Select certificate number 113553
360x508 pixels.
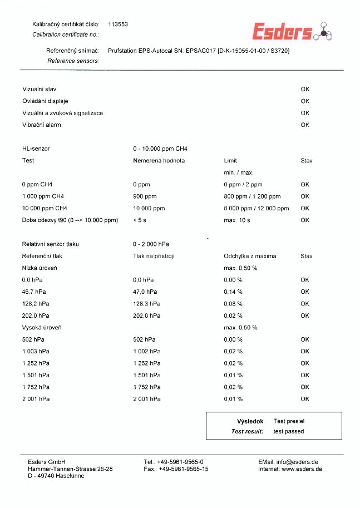pyautogui.click(x=118, y=24)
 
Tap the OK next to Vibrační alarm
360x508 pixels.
pyautogui.click(x=305, y=125)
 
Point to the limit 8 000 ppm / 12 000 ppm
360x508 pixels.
pyautogui.click(x=257, y=208)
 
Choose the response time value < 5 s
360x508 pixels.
pyautogui.click(x=140, y=220)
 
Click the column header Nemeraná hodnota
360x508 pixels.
pyautogui.click(x=159, y=161)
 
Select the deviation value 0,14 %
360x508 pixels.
pyautogui.click(x=233, y=292)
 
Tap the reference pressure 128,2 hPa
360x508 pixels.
pyautogui.click(x=34, y=304)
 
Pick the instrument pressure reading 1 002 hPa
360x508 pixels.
pyautogui.click(x=147, y=351)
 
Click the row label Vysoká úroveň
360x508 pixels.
pyautogui.click(x=42, y=328)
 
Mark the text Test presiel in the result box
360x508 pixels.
pyautogui.click(x=289, y=421)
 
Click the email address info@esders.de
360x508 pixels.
pyautogui.click(x=297, y=462)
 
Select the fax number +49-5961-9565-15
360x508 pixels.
pyautogui.click(x=183, y=469)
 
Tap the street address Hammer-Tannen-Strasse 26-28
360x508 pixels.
pyautogui.click(x=70, y=469)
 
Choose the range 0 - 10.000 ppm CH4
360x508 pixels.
pyautogui.click(x=160, y=149)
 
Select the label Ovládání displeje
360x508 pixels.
pyautogui.click(x=45, y=101)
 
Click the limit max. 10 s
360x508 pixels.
pyautogui.click(x=237, y=220)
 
